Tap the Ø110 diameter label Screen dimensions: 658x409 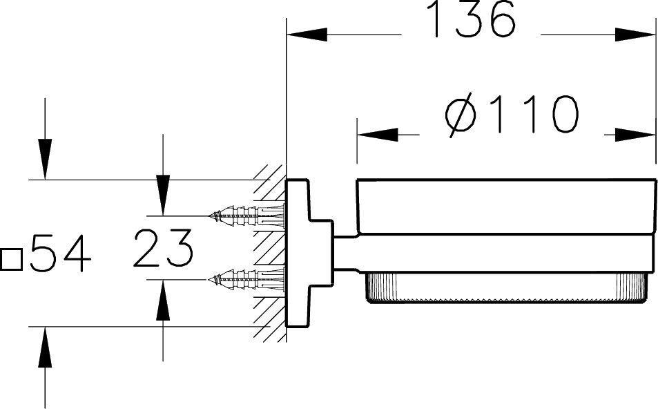[x=512, y=115]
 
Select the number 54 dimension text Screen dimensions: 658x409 [x=60, y=254]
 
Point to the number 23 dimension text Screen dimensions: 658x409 [x=164, y=248]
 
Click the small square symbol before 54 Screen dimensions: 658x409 [x=11, y=260]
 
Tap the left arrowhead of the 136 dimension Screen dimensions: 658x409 [x=307, y=35]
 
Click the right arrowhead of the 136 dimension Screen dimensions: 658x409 [x=635, y=35]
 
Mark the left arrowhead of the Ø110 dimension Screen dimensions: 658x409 [x=378, y=135]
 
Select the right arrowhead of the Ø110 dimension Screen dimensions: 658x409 [x=635, y=135]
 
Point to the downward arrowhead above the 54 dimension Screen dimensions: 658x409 [x=45, y=159]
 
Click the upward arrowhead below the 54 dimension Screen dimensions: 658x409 [x=45, y=347]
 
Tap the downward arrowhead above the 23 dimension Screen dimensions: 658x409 [x=163, y=196]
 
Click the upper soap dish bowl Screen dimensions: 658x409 [x=506, y=207]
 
